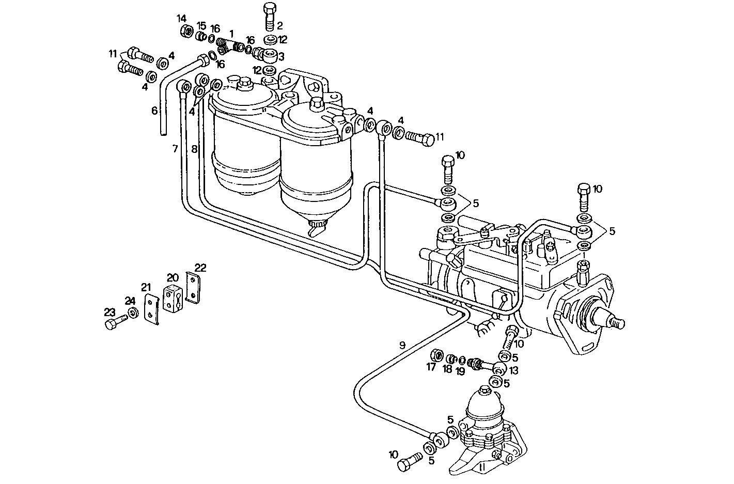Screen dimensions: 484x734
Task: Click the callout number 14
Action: [x=181, y=19]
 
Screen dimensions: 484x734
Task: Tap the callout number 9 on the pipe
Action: [x=402, y=345]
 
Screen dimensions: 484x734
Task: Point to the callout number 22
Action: [x=200, y=268]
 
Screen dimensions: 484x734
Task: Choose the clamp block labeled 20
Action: [x=171, y=299]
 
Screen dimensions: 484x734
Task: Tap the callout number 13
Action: [x=514, y=370]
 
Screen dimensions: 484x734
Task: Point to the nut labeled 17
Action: [x=437, y=355]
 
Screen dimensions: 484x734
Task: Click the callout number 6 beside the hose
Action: [x=154, y=111]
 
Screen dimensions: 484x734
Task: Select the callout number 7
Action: [x=175, y=149]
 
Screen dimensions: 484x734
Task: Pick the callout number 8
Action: [x=194, y=149]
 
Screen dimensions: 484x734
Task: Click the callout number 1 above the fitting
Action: [x=231, y=33]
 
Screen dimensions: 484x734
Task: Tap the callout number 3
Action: [x=281, y=56]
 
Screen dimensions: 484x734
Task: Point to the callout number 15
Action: [x=201, y=26]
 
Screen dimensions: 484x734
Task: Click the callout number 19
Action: [x=461, y=370]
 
